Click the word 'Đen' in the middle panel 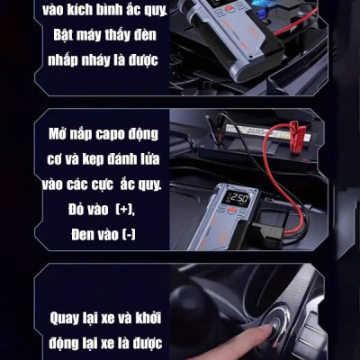(59, 232)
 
